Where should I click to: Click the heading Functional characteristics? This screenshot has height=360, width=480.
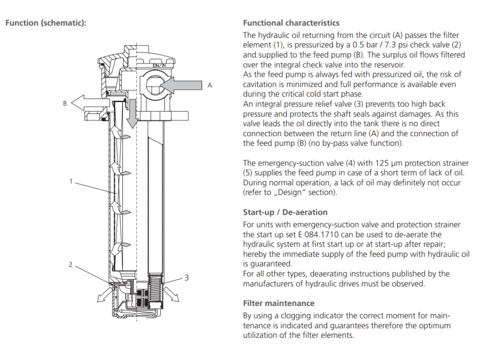291,23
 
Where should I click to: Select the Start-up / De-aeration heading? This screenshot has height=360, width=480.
285,212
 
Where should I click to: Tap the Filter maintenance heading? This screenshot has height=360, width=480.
278,303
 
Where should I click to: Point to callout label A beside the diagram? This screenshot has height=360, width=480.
209,86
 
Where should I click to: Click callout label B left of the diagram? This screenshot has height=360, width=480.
65,103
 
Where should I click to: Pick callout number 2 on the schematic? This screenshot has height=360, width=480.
71,265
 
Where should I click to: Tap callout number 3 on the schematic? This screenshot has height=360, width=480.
187,278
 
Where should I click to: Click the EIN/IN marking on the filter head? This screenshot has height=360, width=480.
157,65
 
